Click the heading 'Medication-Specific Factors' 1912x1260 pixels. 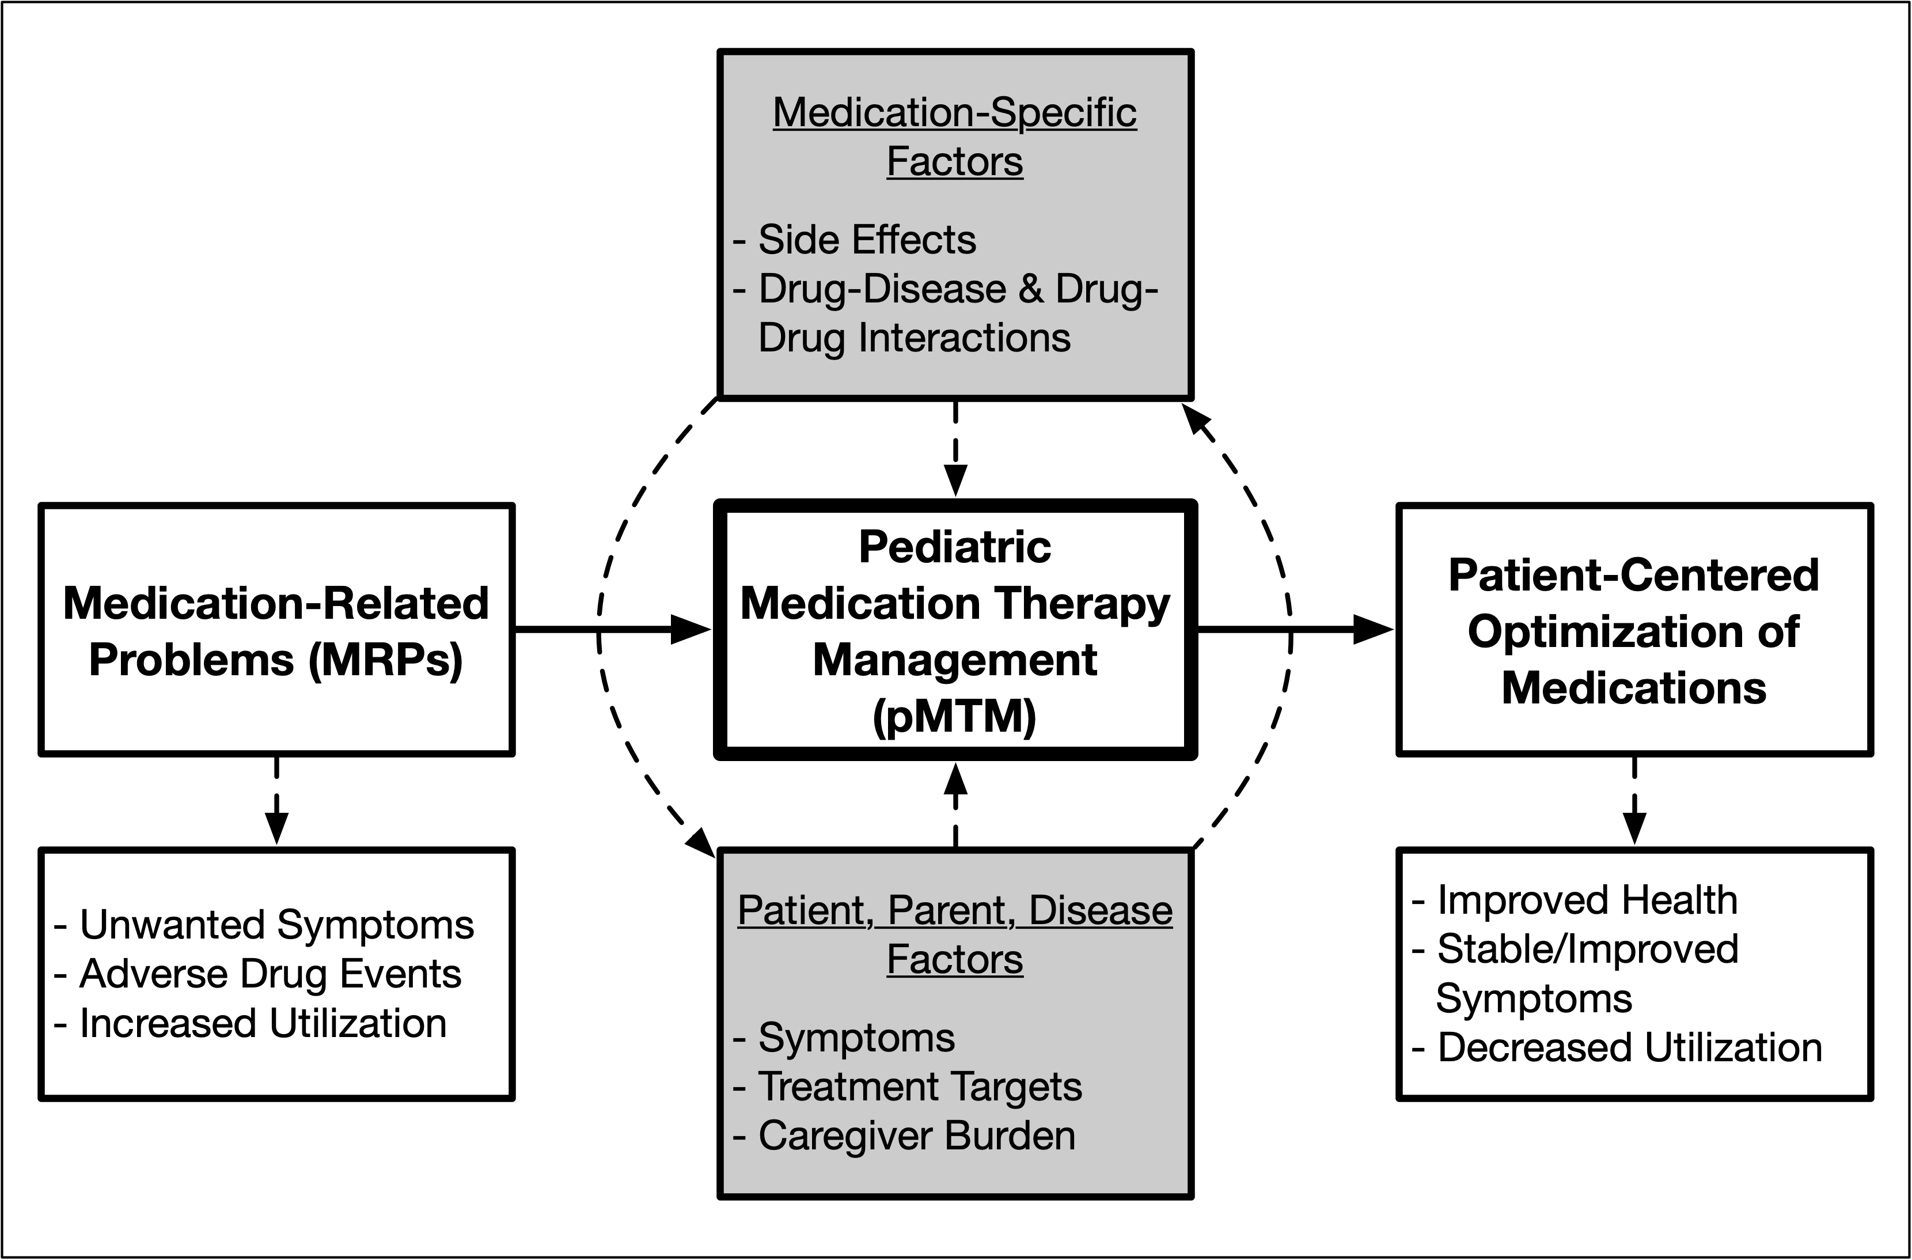pos(954,137)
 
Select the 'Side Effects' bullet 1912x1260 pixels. pos(866,240)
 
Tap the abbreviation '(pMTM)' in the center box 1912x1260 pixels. pos(954,716)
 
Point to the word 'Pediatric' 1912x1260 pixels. pos(954,547)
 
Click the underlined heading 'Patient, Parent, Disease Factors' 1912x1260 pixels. pos(954,934)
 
